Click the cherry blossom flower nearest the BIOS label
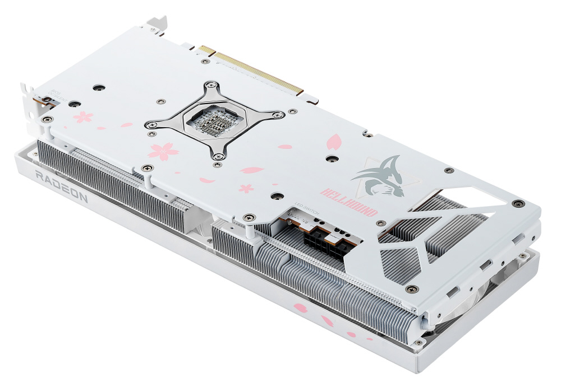84,118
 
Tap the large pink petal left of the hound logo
334,141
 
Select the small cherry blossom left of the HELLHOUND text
246,188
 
